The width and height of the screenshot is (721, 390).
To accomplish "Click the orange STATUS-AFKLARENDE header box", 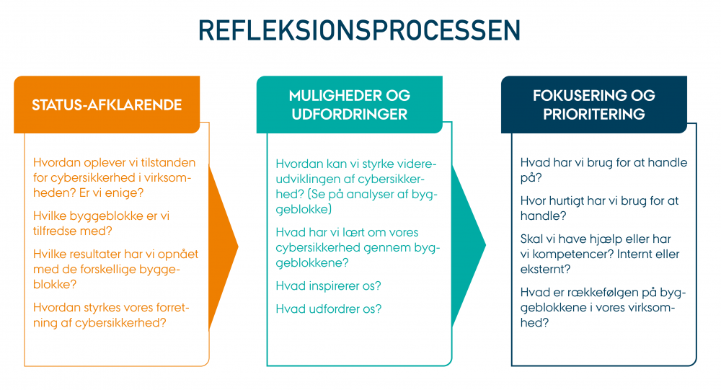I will click(x=107, y=105).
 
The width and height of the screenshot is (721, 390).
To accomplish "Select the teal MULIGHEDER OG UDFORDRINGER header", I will click(x=349, y=105).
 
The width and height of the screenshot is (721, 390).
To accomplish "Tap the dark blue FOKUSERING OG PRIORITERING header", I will click(x=594, y=105).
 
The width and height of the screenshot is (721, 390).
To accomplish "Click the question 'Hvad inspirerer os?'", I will click(x=328, y=286).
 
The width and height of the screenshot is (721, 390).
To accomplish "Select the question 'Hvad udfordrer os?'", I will click(x=328, y=309).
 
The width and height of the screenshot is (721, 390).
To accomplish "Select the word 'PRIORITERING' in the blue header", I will click(x=594, y=114).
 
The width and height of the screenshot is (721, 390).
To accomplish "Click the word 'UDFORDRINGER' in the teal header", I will click(x=349, y=114).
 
